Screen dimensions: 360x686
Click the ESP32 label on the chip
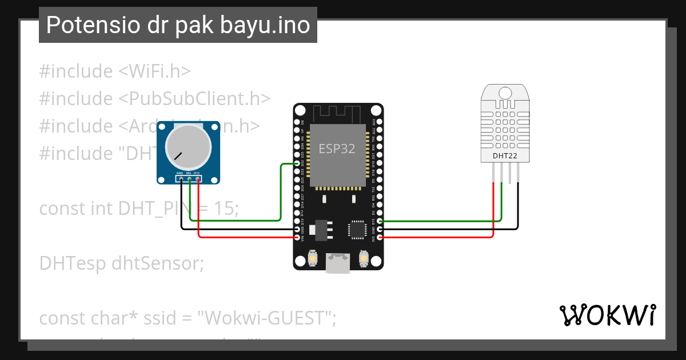[x=337, y=149]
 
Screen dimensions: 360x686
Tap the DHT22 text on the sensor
[x=505, y=155]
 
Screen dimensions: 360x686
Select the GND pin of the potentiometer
[x=181, y=179]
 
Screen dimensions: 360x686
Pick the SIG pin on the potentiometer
[x=189, y=179]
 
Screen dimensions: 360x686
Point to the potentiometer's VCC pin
[x=198, y=179]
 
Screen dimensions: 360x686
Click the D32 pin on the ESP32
[x=297, y=163]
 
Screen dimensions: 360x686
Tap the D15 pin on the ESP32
[x=379, y=221]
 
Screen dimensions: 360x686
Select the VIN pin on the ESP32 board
[x=297, y=237]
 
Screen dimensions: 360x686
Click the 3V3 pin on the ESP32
[x=379, y=237]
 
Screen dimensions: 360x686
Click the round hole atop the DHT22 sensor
[x=505, y=93]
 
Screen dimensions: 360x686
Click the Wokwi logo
[x=607, y=315]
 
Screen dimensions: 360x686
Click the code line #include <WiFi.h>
[x=114, y=71]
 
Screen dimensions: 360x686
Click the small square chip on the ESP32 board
[x=357, y=229]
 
